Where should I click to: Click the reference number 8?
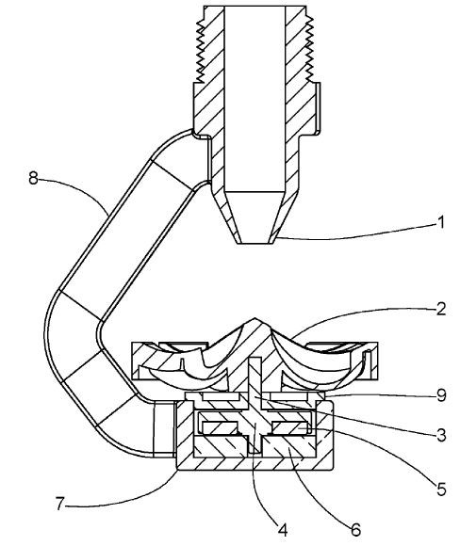click(x=33, y=179)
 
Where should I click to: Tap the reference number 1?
click(x=441, y=222)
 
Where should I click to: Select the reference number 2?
click(x=441, y=309)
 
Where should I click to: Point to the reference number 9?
click(x=441, y=395)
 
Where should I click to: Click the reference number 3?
click(x=441, y=435)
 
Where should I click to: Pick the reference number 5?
click(x=441, y=490)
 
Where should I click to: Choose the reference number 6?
click(x=355, y=530)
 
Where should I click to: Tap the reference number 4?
click(x=283, y=530)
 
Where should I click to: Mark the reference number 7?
click(x=60, y=504)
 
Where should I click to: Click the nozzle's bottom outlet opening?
click(x=255, y=243)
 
